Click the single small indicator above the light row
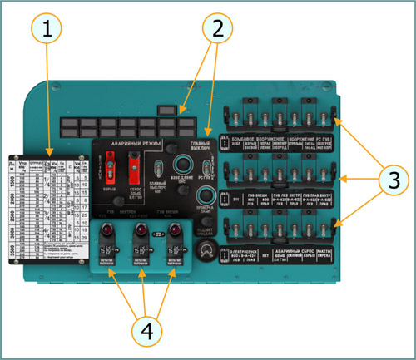(x=166, y=109)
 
